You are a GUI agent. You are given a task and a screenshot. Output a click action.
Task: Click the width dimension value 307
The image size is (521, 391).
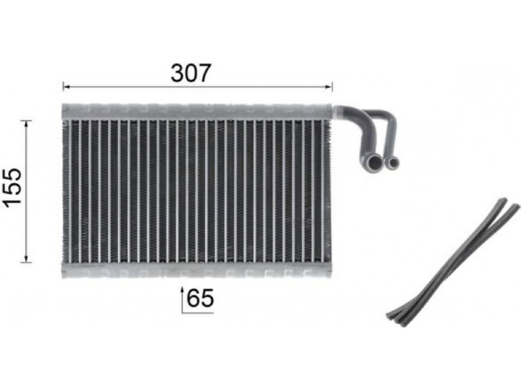191,73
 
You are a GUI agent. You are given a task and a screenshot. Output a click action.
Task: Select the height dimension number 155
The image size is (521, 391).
14,188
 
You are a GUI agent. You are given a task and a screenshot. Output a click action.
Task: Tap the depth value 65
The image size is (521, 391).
200,298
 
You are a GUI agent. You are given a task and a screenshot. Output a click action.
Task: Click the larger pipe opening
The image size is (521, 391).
375,164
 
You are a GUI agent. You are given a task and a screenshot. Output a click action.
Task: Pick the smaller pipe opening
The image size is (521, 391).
394,163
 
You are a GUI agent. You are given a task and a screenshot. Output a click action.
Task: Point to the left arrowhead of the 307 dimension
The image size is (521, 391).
66,87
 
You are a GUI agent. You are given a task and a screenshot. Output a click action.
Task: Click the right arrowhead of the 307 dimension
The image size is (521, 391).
329,87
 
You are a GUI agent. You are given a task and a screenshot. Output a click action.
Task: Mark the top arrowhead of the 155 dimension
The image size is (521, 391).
26,124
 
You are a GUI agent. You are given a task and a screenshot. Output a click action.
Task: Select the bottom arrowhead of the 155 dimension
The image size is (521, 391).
26,259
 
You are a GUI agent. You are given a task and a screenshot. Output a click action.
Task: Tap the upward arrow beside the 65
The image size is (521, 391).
182,299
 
